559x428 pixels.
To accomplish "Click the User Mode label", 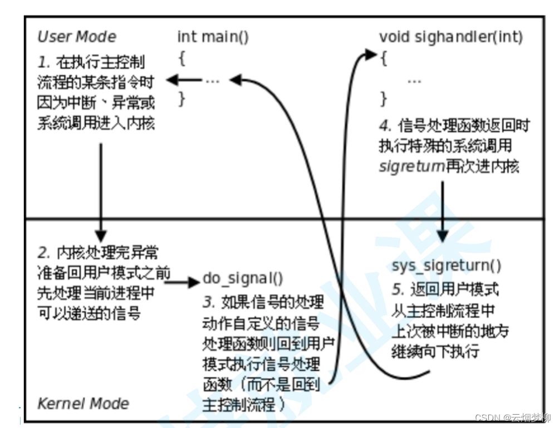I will point(77,37).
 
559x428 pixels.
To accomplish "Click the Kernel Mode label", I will point(82,403).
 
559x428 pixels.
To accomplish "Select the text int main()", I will point(213,37).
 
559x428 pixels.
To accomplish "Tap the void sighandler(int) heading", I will point(451,37).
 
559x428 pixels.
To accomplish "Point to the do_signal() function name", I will point(243,278).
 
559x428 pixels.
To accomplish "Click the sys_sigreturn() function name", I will point(446,265).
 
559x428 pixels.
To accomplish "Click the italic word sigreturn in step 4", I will point(411,166).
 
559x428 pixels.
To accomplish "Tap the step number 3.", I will point(208,303).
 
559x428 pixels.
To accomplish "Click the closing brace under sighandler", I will point(383,100).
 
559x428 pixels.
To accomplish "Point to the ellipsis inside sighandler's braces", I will point(414,80).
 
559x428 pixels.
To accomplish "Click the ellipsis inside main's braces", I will point(213,80).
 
